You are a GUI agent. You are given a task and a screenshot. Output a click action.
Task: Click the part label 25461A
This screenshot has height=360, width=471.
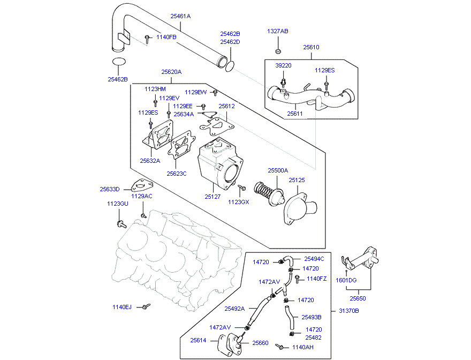tap(180, 16)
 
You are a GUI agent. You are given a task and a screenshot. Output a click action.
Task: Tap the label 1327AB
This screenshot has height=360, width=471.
tap(278, 31)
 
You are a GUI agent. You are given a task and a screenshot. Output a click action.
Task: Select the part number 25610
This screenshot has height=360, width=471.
tap(311, 47)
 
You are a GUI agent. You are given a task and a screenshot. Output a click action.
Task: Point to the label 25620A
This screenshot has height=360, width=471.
tap(171, 72)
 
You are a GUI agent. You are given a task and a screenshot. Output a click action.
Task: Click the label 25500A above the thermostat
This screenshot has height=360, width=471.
tap(278, 170)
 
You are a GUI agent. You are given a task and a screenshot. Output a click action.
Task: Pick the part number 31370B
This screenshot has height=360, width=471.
tap(349, 311)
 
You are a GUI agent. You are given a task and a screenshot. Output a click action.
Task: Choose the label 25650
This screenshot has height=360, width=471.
tap(358, 298)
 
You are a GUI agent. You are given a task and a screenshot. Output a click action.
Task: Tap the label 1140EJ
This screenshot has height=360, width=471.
tap(122, 307)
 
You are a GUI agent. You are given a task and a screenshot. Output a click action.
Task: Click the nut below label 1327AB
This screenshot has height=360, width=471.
tap(278, 51)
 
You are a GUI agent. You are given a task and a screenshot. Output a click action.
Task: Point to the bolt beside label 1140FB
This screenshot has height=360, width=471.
tap(147, 39)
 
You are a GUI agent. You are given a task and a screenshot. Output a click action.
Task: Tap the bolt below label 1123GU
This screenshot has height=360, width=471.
tap(121, 224)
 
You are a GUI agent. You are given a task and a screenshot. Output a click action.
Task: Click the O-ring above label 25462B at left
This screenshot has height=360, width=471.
tap(119, 62)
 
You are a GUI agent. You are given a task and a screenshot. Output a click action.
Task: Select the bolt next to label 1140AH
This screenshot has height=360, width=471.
tap(279, 347)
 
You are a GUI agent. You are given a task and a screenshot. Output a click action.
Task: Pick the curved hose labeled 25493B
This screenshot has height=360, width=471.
tap(289, 317)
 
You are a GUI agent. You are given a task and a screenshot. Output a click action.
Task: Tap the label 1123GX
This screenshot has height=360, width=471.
tap(239, 202)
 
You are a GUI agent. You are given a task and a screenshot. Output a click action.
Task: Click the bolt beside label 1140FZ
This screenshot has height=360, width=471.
tap(297, 279)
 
